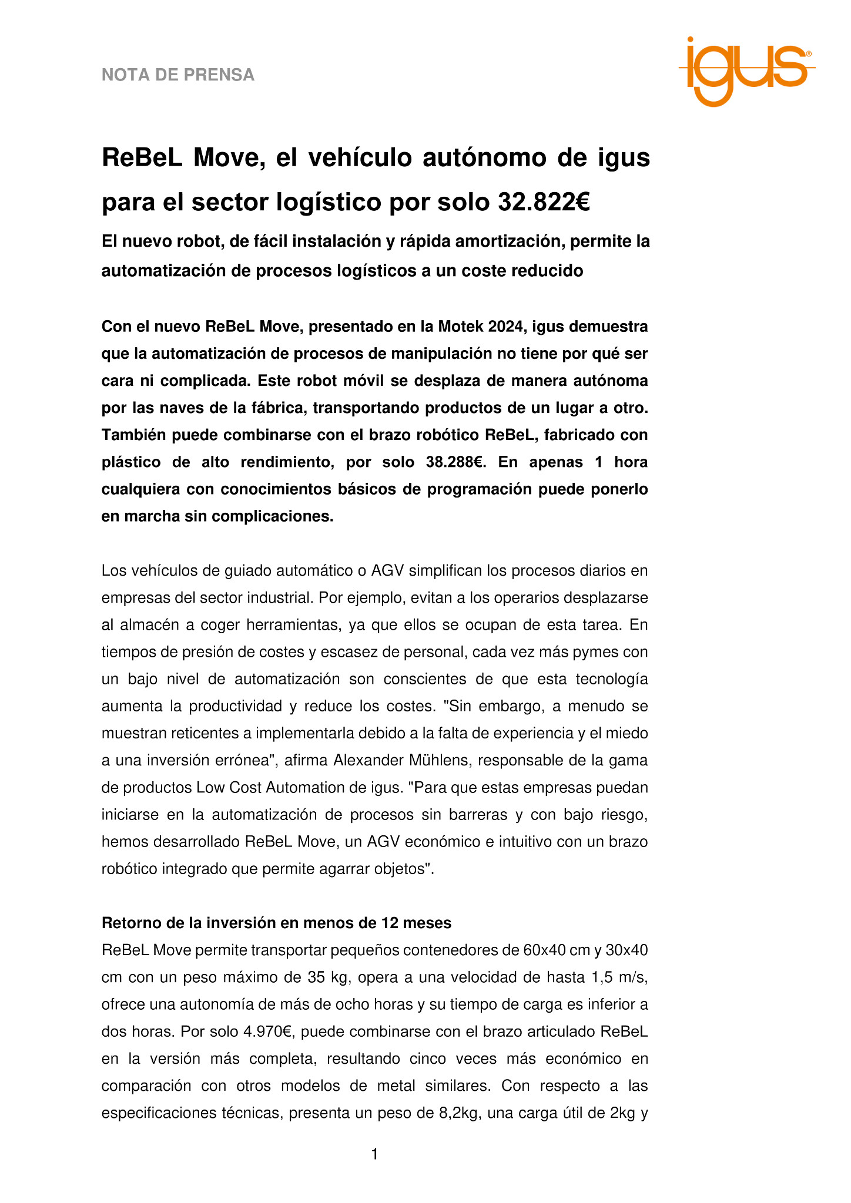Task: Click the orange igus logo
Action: coord(746,70)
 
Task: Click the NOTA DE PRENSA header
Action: coord(178,75)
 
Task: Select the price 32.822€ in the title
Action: coord(544,202)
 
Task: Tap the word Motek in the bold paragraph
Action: coord(465,326)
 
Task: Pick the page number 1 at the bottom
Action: coord(374,1155)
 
